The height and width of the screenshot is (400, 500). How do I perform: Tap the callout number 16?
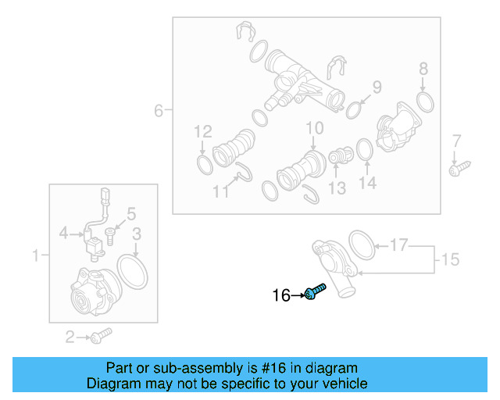click(x=280, y=295)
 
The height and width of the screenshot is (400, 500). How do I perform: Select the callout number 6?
click(x=159, y=111)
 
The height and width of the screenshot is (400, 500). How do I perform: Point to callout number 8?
click(x=423, y=68)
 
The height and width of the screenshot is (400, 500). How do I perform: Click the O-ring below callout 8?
click(x=425, y=102)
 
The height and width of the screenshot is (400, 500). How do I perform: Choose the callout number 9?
click(x=377, y=87)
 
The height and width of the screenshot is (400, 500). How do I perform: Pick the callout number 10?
click(x=314, y=128)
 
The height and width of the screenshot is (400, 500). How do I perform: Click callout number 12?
click(x=203, y=131)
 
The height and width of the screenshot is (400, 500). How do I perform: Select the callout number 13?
click(x=337, y=188)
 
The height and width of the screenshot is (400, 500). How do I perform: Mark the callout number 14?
click(x=367, y=183)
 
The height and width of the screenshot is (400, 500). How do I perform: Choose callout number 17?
click(x=399, y=245)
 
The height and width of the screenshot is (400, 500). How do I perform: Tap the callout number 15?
click(x=450, y=259)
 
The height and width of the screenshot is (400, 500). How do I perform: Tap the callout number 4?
click(x=65, y=232)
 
